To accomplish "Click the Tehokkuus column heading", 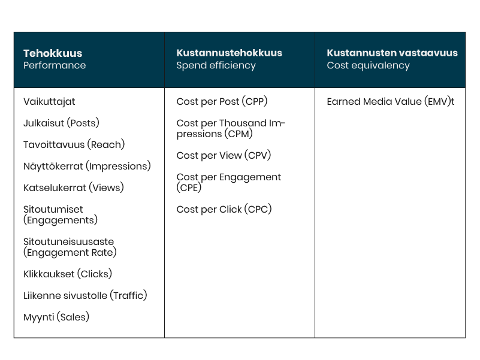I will (x=53, y=53).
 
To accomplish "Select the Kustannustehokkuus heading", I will (x=229, y=53).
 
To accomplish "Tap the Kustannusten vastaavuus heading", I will (x=392, y=53).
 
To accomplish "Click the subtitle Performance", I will (x=55, y=65).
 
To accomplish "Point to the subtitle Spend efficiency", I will (x=216, y=65).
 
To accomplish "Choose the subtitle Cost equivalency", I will (x=368, y=65).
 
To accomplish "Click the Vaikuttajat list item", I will (x=49, y=102).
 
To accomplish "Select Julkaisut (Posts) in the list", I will (x=61, y=123).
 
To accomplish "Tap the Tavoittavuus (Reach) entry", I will (x=74, y=145).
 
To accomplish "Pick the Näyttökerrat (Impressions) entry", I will (x=87, y=166).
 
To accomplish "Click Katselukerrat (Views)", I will (x=73, y=187).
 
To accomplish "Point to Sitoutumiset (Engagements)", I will (x=61, y=215).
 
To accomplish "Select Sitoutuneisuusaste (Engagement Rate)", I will (x=70, y=247).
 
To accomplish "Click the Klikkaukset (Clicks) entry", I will (x=68, y=274).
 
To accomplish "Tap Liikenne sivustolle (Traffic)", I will (x=85, y=295).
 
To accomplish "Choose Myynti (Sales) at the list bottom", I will (x=56, y=317).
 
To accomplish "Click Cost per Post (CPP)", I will (x=222, y=102).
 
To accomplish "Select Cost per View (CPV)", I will (x=224, y=156).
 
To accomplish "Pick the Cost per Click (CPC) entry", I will (x=224, y=210).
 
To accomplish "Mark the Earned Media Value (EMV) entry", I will (x=390, y=102).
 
